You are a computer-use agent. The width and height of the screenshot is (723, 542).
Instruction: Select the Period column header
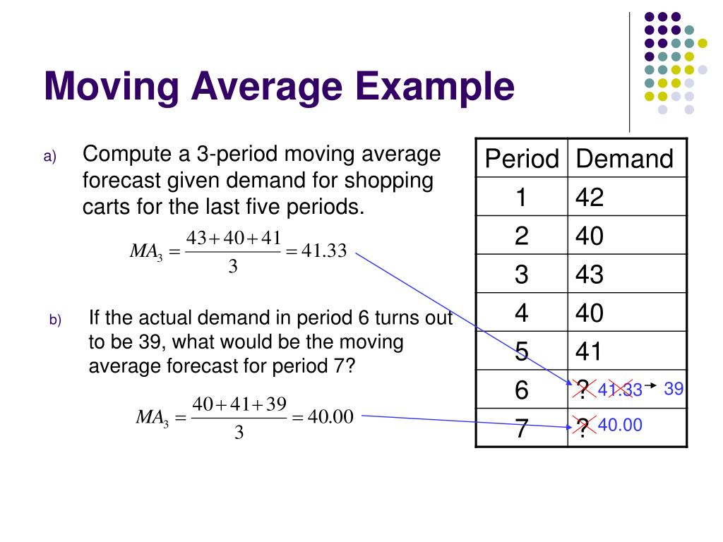tap(521, 159)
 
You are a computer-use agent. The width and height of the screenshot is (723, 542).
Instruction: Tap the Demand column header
tap(624, 159)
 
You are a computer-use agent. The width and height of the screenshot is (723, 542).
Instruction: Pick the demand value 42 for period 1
tap(590, 198)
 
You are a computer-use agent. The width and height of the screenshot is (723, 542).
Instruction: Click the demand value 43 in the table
tap(590, 274)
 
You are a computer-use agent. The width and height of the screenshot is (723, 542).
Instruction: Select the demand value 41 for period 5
tap(590, 351)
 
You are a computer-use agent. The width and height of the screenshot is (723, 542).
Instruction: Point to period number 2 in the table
tap(521, 236)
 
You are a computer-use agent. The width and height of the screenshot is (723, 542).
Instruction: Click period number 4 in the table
tap(521, 313)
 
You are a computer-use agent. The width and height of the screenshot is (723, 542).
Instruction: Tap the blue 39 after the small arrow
tap(674, 388)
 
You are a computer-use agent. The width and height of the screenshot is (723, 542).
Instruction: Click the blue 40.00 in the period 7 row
tap(620, 425)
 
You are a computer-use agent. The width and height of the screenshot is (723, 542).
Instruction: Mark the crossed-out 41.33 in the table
tap(620, 390)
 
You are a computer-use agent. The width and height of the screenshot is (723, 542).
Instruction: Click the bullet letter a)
tap(49, 157)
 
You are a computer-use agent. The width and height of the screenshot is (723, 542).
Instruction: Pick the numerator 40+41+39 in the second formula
tap(239, 404)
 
